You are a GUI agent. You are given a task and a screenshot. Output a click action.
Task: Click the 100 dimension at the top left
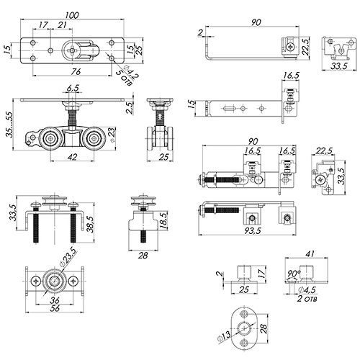(x=72, y=15)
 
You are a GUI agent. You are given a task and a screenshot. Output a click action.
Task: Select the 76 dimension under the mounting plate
(x=76, y=71)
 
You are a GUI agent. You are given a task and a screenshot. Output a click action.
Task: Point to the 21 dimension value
(x=62, y=24)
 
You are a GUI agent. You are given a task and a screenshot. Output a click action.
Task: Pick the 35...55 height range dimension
(x=9, y=125)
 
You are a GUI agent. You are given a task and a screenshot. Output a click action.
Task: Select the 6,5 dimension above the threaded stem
(x=73, y=88)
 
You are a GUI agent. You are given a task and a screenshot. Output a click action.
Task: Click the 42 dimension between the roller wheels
(x=73, y=157)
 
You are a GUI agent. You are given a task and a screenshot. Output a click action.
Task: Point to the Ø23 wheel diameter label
(x=113, y=135)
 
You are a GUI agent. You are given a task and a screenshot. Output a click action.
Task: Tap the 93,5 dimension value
(x=252, y=231)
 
